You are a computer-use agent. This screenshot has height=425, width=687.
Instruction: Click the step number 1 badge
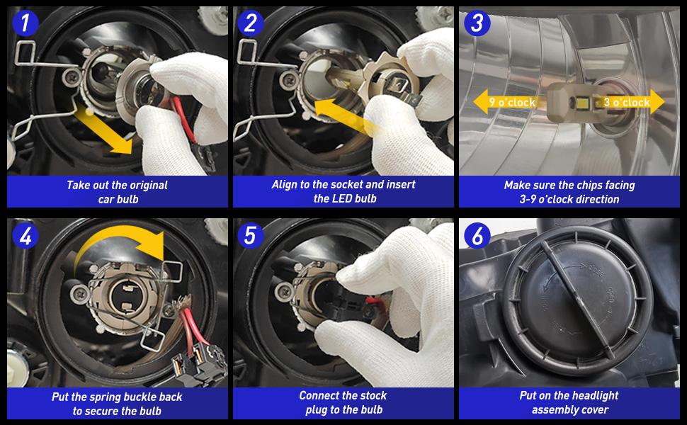(25, 23)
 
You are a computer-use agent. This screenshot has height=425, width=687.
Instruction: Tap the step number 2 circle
(250, 23)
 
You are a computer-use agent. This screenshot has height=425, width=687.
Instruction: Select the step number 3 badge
(477, 23)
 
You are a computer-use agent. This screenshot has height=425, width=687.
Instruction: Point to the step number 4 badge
(25, 236)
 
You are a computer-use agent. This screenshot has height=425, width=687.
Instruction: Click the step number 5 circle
(250, 236)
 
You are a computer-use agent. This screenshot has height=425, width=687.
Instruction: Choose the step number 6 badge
(477, 236)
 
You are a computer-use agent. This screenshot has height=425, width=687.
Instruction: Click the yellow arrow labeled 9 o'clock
(509, 102)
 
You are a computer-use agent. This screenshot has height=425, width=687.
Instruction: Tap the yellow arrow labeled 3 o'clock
(631, 102)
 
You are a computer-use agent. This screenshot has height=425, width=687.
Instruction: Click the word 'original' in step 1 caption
(147, 186)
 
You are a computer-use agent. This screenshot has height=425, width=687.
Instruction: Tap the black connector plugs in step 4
(197, 361)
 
